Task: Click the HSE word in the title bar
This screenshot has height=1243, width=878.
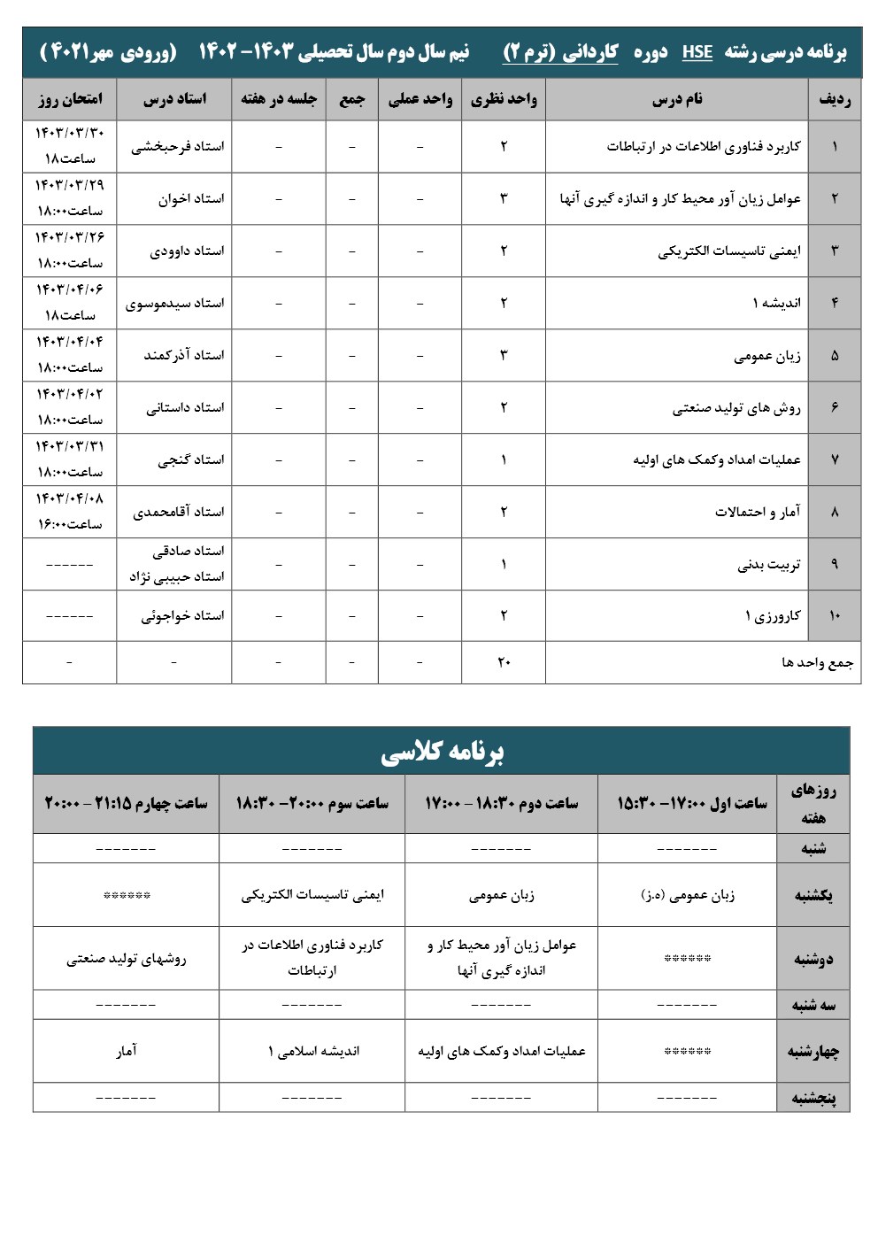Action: coord(697,52)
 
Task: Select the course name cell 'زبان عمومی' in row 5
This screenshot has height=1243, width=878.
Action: coord(766,356)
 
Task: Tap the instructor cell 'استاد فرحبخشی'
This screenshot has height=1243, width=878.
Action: coord(178,147)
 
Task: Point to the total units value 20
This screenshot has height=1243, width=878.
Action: coord(504,661)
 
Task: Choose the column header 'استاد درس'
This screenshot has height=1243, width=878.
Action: coord(174,98)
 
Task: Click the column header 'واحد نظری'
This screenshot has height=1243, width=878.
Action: coord(504,98)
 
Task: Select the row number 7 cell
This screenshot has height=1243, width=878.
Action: coord(835,459)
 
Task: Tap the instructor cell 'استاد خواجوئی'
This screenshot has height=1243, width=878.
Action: coord(182,615)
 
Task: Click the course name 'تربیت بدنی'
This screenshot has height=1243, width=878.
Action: coord(768,564)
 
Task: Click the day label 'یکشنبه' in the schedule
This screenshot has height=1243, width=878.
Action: coord(813,895)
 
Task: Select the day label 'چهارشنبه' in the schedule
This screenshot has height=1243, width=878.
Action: coord(813,1051)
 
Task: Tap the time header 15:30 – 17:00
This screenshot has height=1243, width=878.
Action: coord(691,803)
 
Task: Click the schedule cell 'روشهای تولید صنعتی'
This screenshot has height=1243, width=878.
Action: coord(127,958)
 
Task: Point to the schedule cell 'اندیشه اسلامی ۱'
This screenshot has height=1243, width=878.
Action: coord(313,1051)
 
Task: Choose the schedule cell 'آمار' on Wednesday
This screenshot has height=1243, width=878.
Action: coord(127,1051)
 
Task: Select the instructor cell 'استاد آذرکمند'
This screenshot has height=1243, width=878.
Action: coord(184,355)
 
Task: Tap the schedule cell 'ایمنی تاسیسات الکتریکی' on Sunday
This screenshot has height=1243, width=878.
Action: coord(312,895)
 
